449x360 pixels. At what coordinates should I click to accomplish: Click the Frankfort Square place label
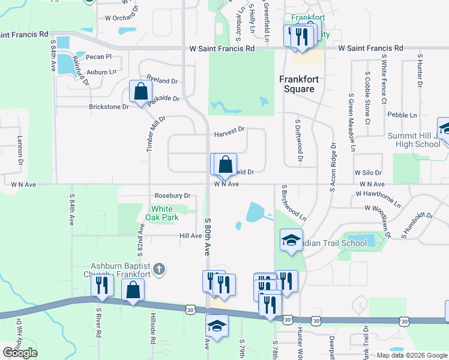[x=297, y=84]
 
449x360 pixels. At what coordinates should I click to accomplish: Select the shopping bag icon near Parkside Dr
[x=140, y=92]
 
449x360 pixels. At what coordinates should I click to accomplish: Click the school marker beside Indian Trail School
[x=291, y=241]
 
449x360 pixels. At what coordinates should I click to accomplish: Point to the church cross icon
[x=158, y=269]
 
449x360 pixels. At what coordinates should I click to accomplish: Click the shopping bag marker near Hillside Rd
[x=133, y=290]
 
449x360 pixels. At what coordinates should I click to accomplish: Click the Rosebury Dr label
[x=172, y=196]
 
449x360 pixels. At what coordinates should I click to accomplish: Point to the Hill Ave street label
[x=190, y=236]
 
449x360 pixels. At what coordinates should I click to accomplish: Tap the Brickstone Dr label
[x=109, y=107]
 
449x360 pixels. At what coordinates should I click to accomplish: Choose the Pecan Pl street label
[x=99, y=57]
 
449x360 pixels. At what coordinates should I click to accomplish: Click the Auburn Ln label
[x=101, y=72]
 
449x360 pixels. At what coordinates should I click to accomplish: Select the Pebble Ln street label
[x=402, y=115]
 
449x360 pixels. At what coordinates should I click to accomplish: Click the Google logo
[x=20, y=353]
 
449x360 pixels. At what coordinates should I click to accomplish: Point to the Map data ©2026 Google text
[x=411, y=355]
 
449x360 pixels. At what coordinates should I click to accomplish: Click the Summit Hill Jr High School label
[x=414, y=140]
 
